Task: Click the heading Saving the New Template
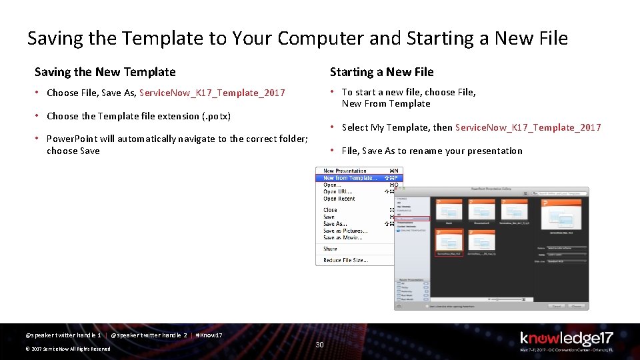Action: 105,72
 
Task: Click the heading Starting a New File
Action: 381,72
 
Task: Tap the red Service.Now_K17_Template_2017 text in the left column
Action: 212,93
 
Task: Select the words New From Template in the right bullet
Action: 386,103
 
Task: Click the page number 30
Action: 319,344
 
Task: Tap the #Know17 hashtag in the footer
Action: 209,335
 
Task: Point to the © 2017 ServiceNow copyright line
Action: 67,349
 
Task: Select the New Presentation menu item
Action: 345,171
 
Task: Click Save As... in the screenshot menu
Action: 335,224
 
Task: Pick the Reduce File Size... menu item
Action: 345,260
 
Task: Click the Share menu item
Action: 330,249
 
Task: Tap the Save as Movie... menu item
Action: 343,237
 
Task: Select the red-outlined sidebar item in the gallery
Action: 413,218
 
